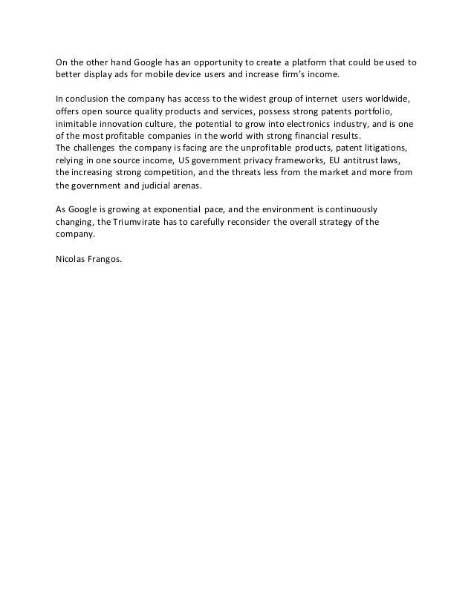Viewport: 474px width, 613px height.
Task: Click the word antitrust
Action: [363, 160]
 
